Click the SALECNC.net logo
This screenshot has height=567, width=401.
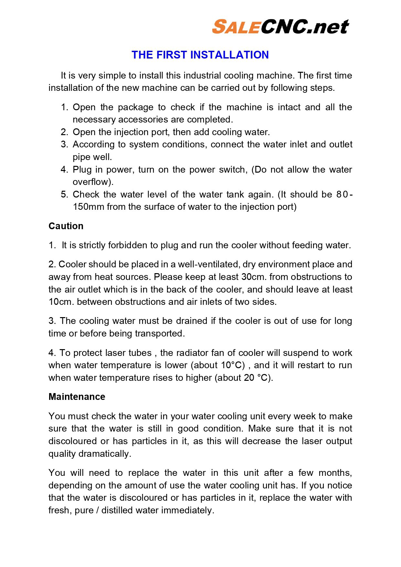click(280, 27)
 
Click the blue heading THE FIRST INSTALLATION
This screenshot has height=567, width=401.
click(200, 55)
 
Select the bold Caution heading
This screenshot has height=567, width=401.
click(66, 226)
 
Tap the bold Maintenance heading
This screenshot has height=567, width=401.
click(77, 397)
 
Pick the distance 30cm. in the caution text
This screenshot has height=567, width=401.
click(254, 277)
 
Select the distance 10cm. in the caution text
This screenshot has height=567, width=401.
click(61, 302)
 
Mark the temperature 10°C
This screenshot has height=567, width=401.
click(231, 365)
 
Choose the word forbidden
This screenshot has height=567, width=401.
click(128, 245)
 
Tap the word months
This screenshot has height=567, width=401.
click(334, 473)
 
